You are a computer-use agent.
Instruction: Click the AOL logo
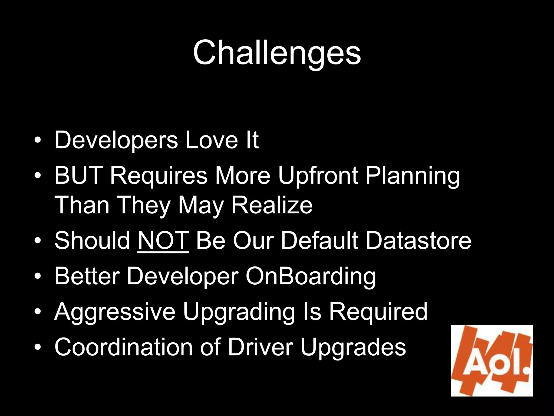(492, 361)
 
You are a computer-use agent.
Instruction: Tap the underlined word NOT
(163, 240)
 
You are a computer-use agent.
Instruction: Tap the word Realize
(272, 205)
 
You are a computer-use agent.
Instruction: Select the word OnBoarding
(311, 277)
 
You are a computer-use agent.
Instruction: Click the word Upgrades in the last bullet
(353, 348)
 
